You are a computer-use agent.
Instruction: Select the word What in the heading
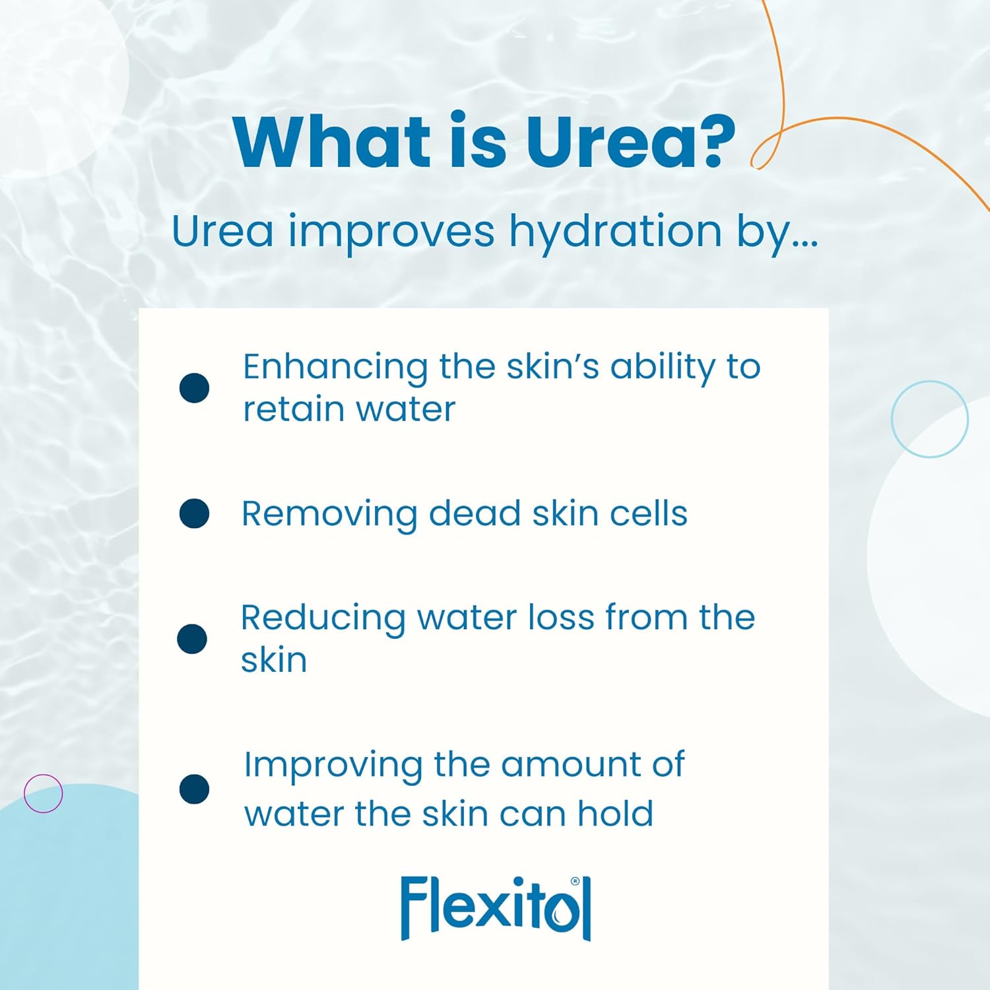click(x=332, y=142)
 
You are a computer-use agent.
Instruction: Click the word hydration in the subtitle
click(x=615, y=232)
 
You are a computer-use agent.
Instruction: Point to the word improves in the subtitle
click(x=391, y=233)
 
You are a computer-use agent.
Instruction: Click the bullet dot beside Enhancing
click(x=194, y=387)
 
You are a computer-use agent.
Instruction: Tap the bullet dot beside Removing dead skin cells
click(x=194, y=513)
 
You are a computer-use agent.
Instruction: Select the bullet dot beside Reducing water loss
click(x=192, y=639)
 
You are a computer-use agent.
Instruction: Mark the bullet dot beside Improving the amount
click(x=194, y=789)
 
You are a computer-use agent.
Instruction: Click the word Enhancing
click(x=335, y=368)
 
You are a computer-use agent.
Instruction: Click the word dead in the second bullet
click(x=475, y=513)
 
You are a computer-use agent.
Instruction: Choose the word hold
click(x=615, y=814)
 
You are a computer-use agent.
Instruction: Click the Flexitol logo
click(x=496, y=907)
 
